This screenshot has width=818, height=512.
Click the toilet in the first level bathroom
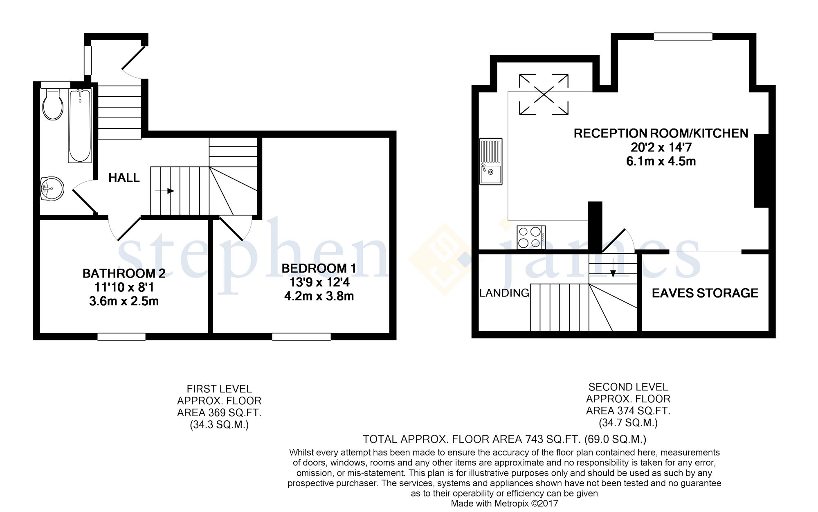click(53, 104)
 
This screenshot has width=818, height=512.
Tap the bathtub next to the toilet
click(80, 126)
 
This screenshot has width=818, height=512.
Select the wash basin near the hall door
click(52, 189)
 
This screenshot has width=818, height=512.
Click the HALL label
click(124, 178)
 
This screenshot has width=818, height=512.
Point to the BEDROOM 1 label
click(319, 268)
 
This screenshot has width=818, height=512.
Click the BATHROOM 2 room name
click(124, 273)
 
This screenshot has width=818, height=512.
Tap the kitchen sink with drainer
click(491, 161)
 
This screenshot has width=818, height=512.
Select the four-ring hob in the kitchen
click(531, 237)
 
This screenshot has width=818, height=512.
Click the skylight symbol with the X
click(544, 95)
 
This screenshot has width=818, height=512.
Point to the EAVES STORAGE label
click(705, 293)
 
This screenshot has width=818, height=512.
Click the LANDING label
click(504, 293)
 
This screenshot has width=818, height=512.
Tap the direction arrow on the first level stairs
click(165, 191)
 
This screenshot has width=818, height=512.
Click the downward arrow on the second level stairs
click(613, 268)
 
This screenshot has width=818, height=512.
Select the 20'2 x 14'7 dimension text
click(661, 147)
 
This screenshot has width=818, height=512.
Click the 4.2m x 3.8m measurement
click(319, 296)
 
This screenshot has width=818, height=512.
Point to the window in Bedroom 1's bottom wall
click(301, 337)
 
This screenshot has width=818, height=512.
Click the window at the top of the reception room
click(683, 36)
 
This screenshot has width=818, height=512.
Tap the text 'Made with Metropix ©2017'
click(504, 504)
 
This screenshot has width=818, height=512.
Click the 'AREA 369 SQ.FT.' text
click(219, 413)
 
